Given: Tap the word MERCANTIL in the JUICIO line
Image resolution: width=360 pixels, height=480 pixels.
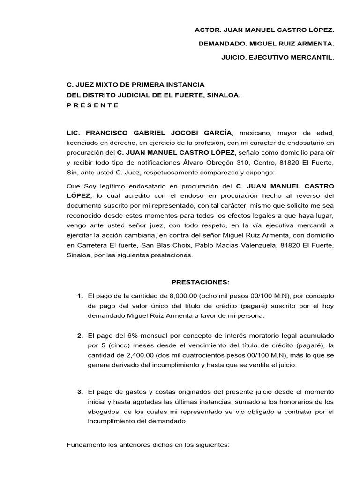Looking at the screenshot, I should [315, 58].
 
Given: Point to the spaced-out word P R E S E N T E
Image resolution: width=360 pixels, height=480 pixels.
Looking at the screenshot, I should [93, 105].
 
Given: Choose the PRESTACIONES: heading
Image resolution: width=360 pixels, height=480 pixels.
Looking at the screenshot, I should [200, 282].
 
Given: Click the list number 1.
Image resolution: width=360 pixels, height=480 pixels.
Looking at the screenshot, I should [80, 296].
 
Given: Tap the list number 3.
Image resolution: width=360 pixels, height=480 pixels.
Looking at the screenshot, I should [80, 391].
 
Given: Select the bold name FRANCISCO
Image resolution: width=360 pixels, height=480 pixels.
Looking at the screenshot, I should [109, 133].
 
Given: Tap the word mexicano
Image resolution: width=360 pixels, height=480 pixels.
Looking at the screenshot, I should [250, 133].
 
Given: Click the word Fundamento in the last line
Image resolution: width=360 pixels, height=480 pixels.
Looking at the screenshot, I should [87, 443].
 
